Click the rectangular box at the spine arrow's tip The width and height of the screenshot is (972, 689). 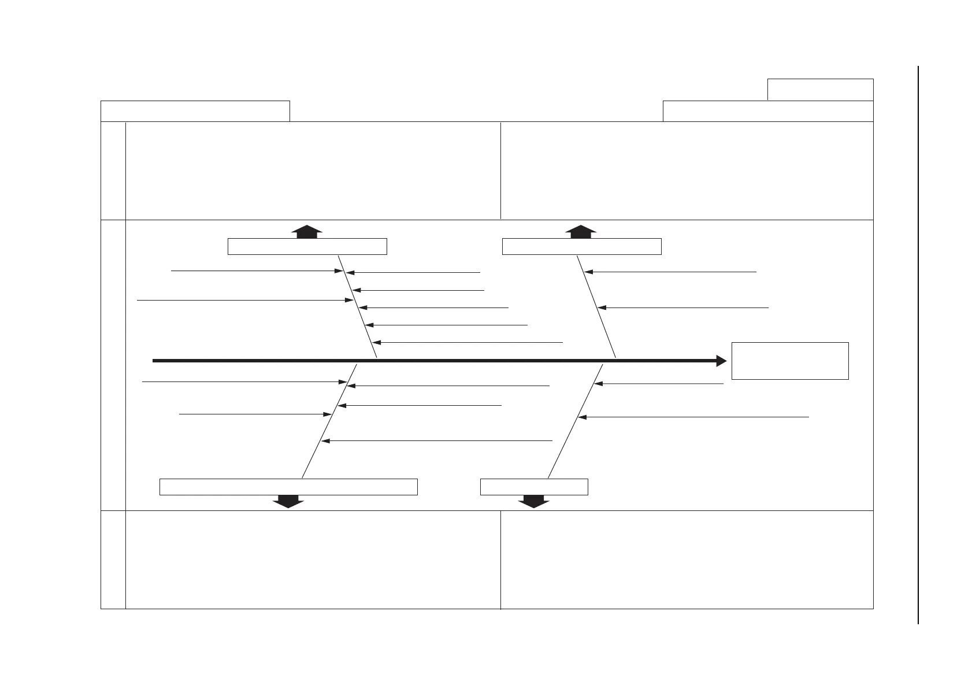pyautogui.click(x=789, y=361)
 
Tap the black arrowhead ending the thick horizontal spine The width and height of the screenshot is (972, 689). pyautogui.click(x=721, y=361)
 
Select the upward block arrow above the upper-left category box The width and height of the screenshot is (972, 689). pyautogui.click(x=306, y=231)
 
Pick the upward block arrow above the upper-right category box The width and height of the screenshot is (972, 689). pyautogui.click(x=580, y=231)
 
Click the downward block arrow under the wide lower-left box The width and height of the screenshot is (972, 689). pyautogui.click(x=288, y=501)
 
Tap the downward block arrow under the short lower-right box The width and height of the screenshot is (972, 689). pyautogui.click(x=533, y=501)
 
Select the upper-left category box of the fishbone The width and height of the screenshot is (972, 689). pyautogui.click(x=307, y=246)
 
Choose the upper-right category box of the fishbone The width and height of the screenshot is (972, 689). pyautogui.click(x=581, y=246)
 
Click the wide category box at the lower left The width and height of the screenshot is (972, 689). pyautogui.click(x=288, y=487)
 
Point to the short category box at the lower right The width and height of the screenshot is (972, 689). pyautogui.click(x=534, y=487)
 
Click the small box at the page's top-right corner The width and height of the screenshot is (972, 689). pyautogui.click(x=820, y=90)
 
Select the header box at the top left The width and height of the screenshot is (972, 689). pyautogui.click(x=195, y=111)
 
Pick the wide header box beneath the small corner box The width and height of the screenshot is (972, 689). pyautogui.click(x=767, y=111)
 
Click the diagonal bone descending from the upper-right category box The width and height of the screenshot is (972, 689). pyautogui.click(x=596, y=306)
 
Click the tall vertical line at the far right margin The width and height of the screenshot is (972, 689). pyautogui.click(x=918, y=345)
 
